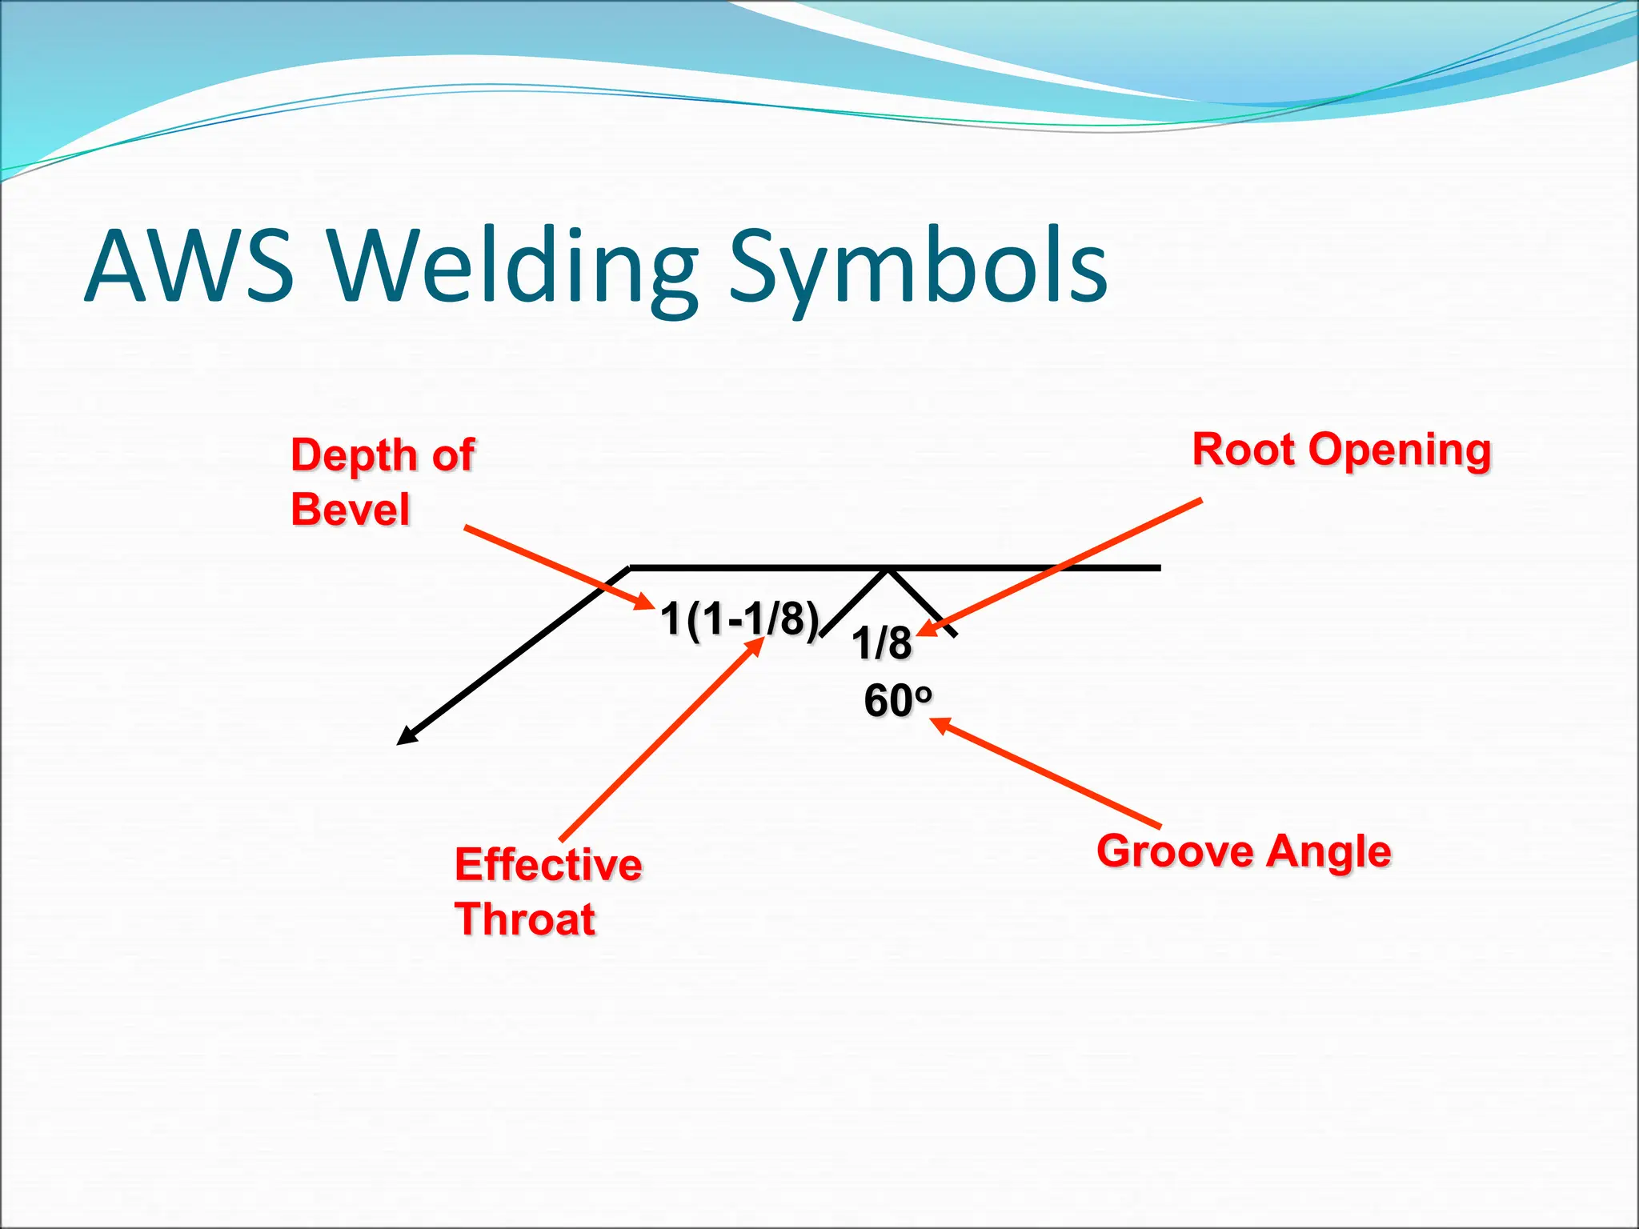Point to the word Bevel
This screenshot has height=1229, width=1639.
351,509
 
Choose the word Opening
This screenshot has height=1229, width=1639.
1400,450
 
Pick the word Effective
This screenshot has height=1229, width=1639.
548,865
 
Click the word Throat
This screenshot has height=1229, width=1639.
525,919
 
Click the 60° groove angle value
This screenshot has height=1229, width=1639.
897,701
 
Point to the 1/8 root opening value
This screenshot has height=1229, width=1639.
881,643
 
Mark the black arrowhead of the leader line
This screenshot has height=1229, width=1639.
406,737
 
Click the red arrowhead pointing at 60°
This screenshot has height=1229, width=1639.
939,724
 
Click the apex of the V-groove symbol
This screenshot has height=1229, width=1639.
887,570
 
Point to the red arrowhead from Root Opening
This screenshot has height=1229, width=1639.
925,630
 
